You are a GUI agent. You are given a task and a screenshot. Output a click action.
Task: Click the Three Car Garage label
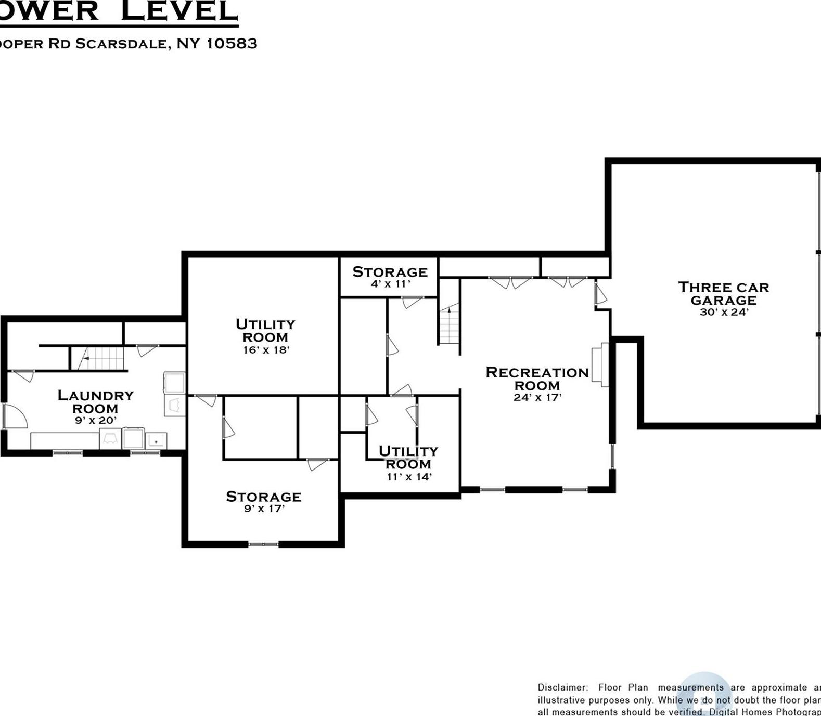(x=723, y=294)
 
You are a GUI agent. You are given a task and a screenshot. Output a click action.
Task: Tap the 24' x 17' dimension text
(x=537, y=398)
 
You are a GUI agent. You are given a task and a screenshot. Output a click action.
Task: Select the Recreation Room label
(x=537, y=379)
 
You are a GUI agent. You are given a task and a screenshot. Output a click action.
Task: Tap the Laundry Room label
(x=95, y=402)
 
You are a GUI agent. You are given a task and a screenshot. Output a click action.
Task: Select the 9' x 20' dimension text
(x=95, y=421)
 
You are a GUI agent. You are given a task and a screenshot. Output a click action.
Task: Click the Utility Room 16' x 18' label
(x=265, y=331)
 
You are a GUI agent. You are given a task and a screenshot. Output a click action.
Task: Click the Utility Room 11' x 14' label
(x=408, y=458)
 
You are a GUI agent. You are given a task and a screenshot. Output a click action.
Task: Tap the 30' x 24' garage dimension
(x=724, y=313)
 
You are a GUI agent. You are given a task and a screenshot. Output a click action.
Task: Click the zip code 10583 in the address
(x=232, y=43)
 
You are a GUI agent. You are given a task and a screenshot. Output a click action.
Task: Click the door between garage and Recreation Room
(x=600, y=294)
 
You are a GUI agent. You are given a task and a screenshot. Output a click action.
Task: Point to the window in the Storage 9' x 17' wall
(x=263, y=544)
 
